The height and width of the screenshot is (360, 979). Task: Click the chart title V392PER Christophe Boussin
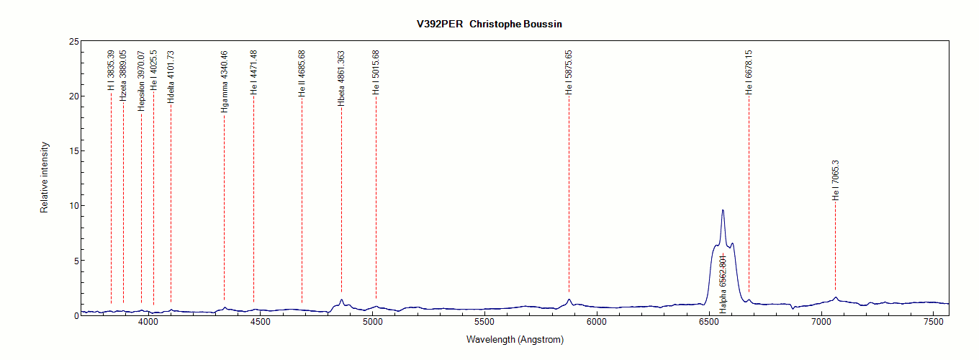[x=489, y=24]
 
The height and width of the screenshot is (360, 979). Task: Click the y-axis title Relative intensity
[x=45, y=177]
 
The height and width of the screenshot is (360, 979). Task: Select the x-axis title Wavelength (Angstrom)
[x=515, y=339]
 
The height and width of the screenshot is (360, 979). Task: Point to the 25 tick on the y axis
[x=73, y=42]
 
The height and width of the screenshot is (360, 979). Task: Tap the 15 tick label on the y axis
[x=73, y=151]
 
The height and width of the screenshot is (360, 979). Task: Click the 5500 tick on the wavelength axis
[x=484, y=323]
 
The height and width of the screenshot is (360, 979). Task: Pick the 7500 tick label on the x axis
[x=933, y=323]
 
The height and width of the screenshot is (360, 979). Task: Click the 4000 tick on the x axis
[x=148, y=323]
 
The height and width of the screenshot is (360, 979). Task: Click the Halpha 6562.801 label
[x=723, y=284]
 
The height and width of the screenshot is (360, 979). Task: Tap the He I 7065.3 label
[x=836, y=180]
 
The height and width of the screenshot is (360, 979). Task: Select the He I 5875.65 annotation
[x=569, y=72]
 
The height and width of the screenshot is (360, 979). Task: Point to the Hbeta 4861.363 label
[x=341, y=78]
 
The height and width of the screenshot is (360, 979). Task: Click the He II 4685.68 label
[x=302, y=73]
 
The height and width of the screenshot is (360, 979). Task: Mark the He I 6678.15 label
[x=749, y=72]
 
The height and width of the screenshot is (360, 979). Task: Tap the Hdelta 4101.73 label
[x=171, y=77]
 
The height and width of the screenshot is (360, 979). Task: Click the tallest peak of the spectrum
[x=723, y=210]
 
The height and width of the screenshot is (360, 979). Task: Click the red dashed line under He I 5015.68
[x=376, y=194]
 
